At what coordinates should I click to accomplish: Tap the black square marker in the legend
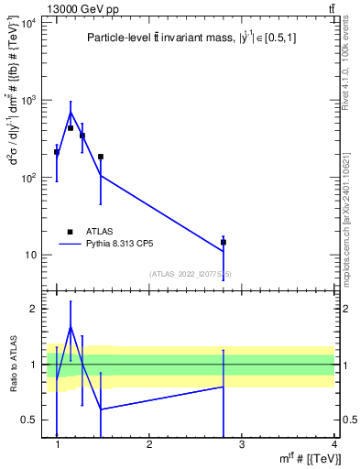[70, 232]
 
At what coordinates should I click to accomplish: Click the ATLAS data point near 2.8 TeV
[223, 243]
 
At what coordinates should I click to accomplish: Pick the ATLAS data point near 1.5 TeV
[101, 157]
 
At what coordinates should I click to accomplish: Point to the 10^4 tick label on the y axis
[27, 22]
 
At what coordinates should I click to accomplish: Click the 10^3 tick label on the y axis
[27, 100]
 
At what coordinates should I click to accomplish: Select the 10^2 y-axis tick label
[27, 178]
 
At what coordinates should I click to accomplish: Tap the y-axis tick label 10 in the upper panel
[30, 255]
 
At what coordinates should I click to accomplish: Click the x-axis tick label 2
[149, 444]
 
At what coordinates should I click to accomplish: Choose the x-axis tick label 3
[242, 444]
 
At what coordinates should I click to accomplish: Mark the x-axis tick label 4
[333, 444]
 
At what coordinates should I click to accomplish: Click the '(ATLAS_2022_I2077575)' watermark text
[190, 274]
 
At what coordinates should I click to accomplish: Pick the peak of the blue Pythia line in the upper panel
[71, 112]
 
